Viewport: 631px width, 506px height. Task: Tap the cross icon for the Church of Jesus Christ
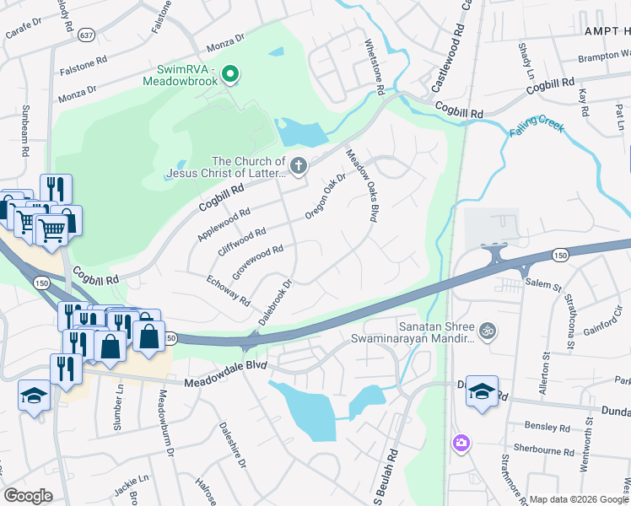(x=299, y=165)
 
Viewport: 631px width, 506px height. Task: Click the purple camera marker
(x=461, y=443)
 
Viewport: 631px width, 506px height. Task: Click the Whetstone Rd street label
(x=375, y=67)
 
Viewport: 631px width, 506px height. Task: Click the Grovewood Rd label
(x=257, y=261)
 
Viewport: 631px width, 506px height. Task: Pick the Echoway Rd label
(x=228, y=288)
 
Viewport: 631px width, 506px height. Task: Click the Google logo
(x=28, y=495)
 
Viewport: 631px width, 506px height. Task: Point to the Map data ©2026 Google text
(x=579, y=499)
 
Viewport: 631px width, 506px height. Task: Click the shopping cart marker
(x=51, y=229)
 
